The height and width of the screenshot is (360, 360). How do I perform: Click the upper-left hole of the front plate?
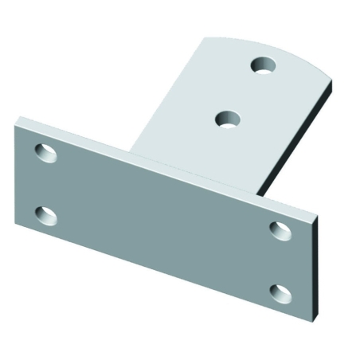[x=46, y=151]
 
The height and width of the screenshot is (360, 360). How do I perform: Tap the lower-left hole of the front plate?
[x=47, y=214]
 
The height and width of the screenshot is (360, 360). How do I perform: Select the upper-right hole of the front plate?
[x=280, y=229]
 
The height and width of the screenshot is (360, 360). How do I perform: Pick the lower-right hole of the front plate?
[x=279, y=292]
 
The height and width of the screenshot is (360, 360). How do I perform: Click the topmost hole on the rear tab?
[x=263, y=65]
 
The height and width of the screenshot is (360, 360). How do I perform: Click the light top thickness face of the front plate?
[x=159, y=163]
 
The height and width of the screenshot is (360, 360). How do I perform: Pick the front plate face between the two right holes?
[x=280, y=261]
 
